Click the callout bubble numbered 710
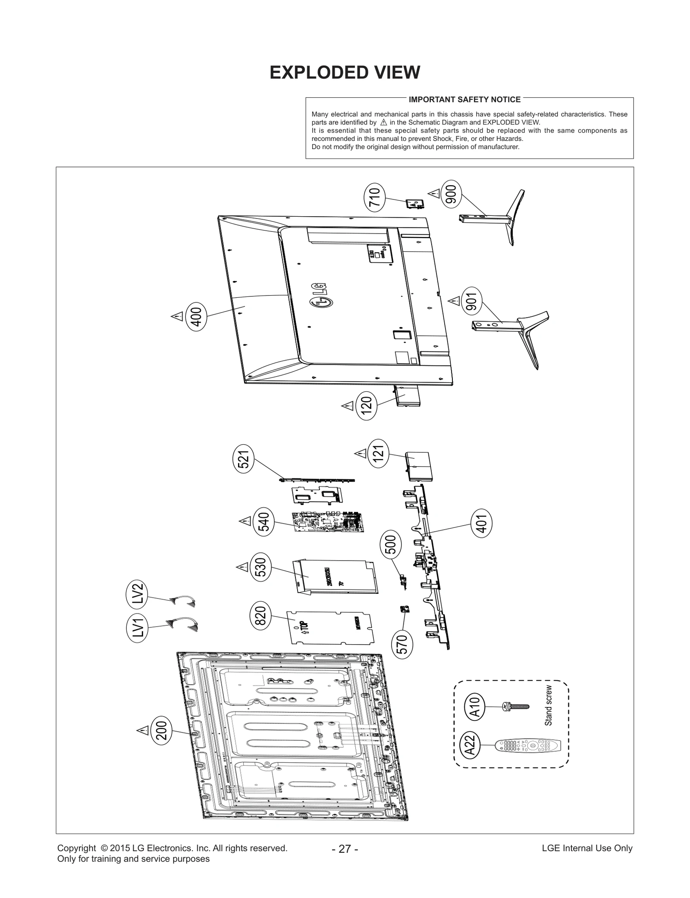(x=374, y=197)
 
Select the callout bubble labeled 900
(x=451, y=194)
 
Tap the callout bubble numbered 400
(x=196, y=316)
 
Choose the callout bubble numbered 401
(x=482, y=524)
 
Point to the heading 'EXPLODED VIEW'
(x=345, y=72)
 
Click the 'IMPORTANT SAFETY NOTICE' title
(x=464, y=100)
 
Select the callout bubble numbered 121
(x=378, y=453)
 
